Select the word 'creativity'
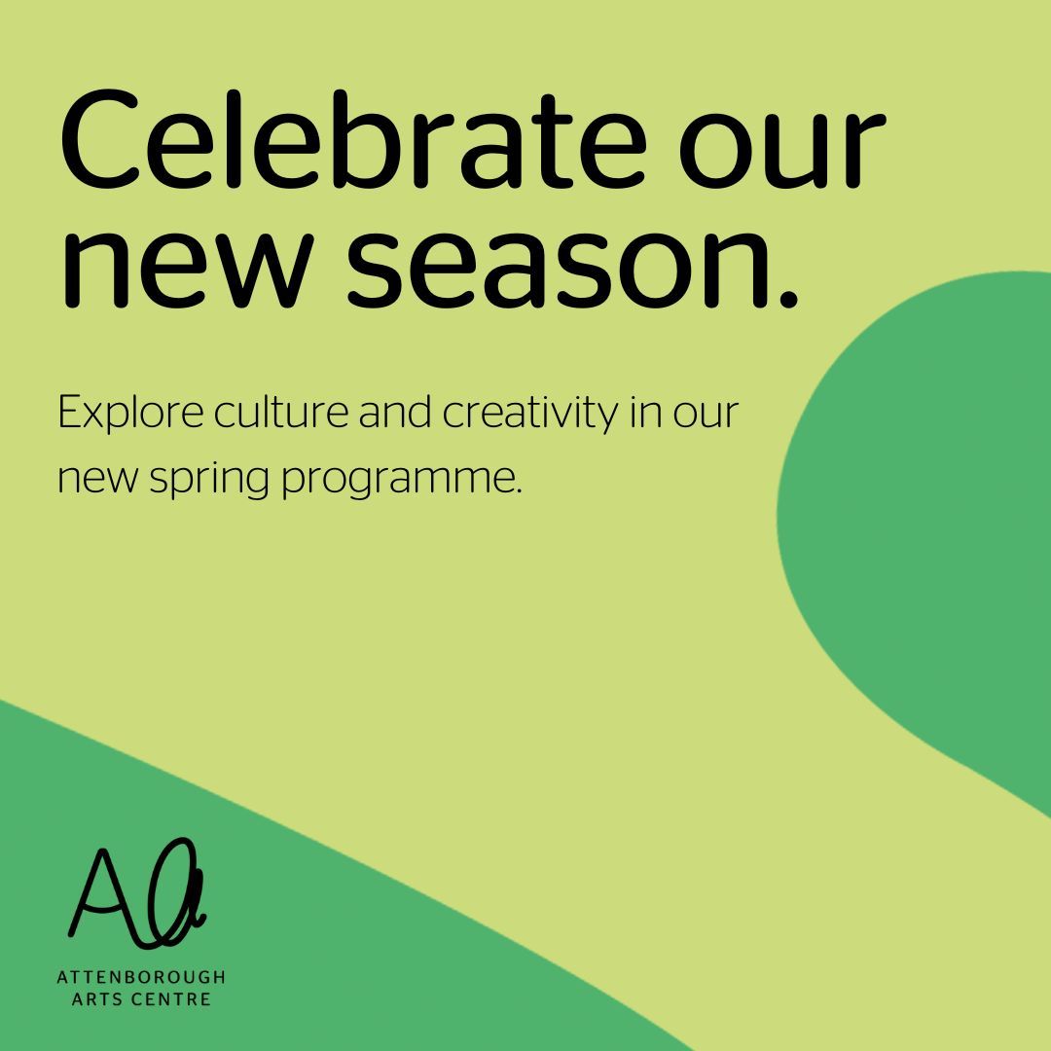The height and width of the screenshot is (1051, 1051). [530, 415]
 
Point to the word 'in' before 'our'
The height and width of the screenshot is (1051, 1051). [645, 413]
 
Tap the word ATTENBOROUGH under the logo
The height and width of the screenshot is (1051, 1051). [141, 977]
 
